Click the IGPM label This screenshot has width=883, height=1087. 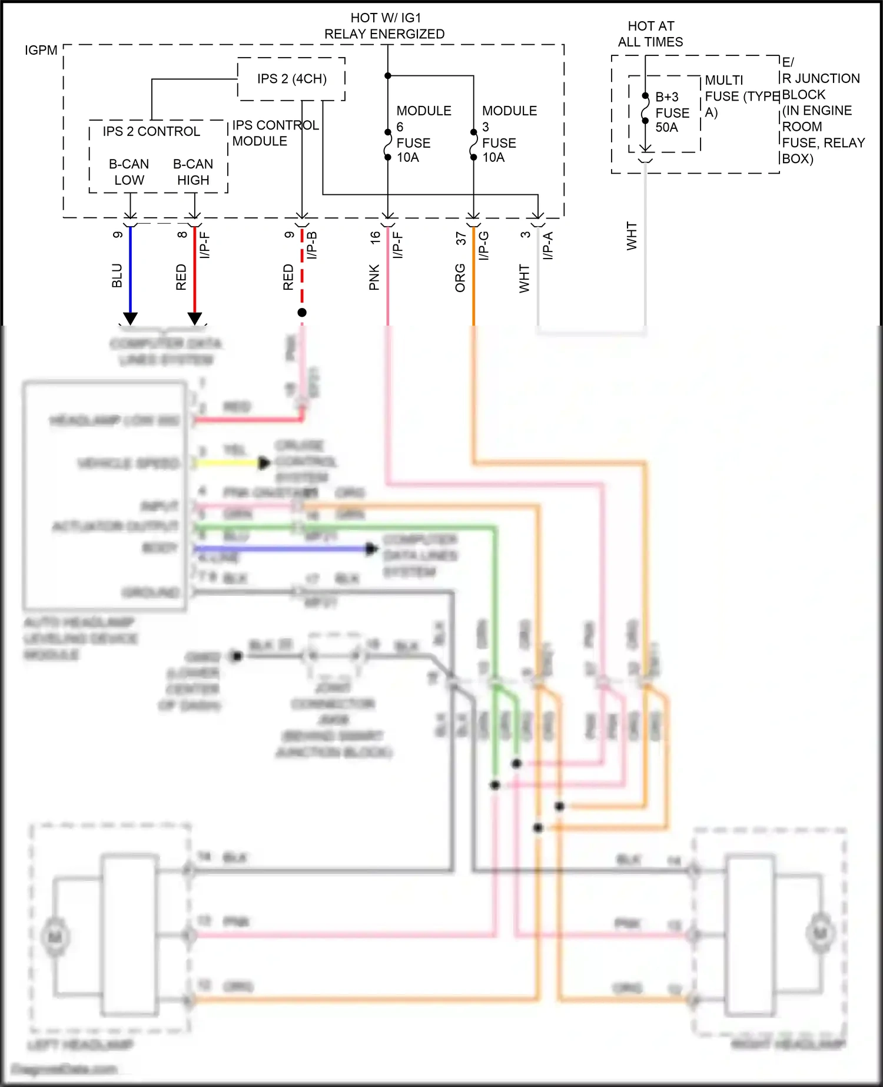(x=41, y=50)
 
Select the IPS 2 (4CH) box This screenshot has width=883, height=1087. (x=291, y=79)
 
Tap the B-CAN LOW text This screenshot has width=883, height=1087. (x=129, y=172)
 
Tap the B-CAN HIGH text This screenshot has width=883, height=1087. (x=193, y=172)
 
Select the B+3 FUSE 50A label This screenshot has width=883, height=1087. (x=671, y=112)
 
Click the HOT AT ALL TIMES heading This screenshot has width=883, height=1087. (x=650, y=34)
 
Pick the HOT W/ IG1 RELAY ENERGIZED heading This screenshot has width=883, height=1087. (x=384, y=26)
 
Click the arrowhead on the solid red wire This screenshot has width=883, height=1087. (x=195, y=319)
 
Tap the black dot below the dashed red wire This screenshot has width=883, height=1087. (x=302, y=313)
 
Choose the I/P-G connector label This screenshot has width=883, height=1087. (x=483, y=246)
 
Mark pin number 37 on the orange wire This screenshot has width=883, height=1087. (x=461, y=238)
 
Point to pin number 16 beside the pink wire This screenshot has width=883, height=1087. (x=375, y=237)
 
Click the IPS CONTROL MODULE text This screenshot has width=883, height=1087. (x=275, y=133)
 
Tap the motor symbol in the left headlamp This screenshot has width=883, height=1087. (x=55, y=937)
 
